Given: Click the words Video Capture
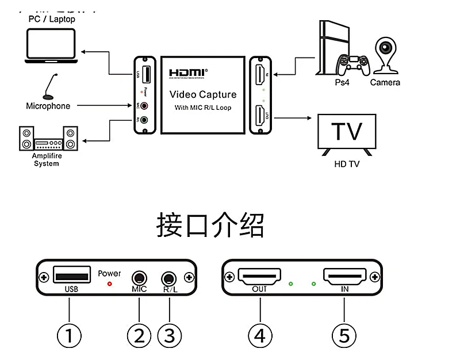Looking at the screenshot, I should point(202,94).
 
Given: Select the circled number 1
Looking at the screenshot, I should point(69,335).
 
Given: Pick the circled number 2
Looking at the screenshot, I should point(139,335).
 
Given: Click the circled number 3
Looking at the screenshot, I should point(169,335).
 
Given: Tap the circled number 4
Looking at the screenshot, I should point(260,335).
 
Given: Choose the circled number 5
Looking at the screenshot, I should point(344,335).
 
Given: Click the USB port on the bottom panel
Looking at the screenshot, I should point(72,275).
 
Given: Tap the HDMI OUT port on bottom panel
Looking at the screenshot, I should point(260,277).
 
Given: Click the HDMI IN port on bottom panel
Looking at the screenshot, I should point(344,277).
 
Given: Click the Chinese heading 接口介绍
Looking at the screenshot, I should point(210,225).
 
